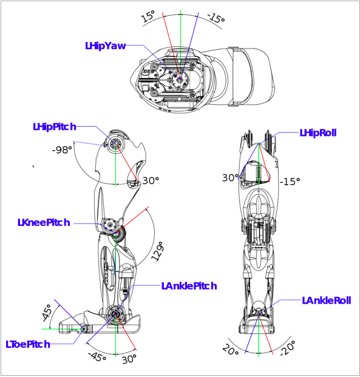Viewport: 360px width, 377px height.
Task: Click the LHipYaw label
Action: pos(106,46)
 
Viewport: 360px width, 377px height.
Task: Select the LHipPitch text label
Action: pos(55,127)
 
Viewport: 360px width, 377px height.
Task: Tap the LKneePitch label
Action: pos(44,223)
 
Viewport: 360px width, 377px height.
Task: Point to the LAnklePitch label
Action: pos(189,286)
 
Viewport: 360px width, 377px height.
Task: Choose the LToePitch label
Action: pos(28,344)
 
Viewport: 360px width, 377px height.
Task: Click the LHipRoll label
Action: pos(318,133)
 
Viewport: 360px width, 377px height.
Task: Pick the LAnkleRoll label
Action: pos(327,301)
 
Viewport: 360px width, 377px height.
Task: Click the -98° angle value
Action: pos(62,150)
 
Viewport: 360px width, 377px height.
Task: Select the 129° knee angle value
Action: pos(158,252)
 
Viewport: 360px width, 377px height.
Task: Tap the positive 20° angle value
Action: pos(230,350)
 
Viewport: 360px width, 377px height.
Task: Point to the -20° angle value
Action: pos(288,348)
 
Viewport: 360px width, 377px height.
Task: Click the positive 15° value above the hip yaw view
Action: pos(148,16)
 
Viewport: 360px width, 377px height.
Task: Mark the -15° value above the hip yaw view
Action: pos(216,18)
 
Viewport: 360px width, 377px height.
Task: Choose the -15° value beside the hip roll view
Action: pos(290,182)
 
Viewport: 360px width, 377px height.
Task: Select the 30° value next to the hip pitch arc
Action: pos(151,180)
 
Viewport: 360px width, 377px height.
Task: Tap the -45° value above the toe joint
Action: pos(47,313)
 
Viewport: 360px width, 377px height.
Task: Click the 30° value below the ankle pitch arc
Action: pos(129,359)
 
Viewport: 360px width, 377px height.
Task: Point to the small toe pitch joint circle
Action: pos(84,328)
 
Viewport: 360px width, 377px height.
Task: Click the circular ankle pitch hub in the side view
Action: pos(115,314)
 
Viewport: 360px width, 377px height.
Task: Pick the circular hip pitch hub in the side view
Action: pos(115,144)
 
